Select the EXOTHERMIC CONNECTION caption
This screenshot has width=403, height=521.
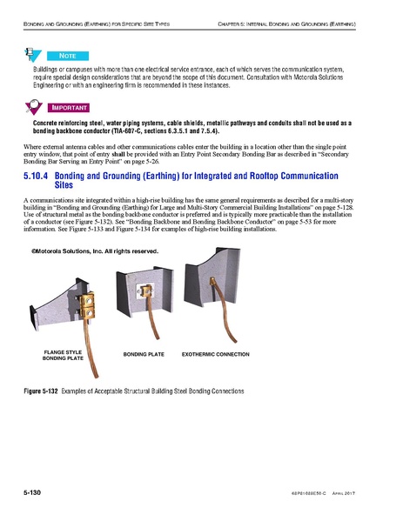(215, 355)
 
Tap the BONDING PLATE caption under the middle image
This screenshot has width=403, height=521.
(143, 355)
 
